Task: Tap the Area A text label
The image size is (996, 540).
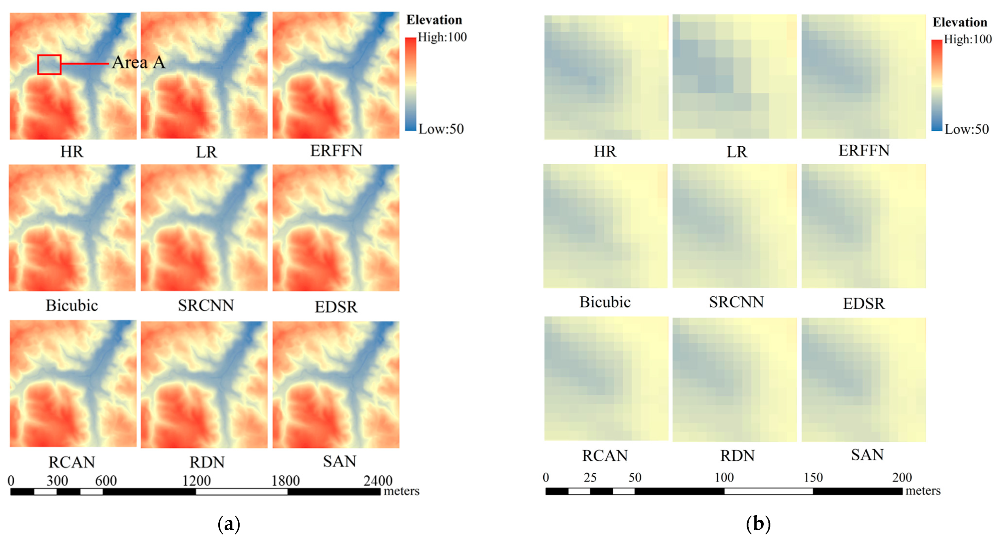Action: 139,63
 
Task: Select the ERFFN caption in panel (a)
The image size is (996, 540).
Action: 336,151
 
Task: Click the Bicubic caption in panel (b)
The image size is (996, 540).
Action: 605,302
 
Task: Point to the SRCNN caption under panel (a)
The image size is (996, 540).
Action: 206,306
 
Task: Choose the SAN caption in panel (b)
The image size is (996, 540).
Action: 867,455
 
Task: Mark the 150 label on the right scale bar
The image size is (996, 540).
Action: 813,477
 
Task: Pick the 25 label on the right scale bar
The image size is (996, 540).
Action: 590,477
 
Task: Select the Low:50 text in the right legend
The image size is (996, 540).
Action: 967,129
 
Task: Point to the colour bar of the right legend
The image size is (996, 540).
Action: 937,85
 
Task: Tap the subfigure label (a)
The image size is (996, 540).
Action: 229,524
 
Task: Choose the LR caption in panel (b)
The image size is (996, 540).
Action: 737,152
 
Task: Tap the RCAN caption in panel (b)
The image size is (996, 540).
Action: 605,456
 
